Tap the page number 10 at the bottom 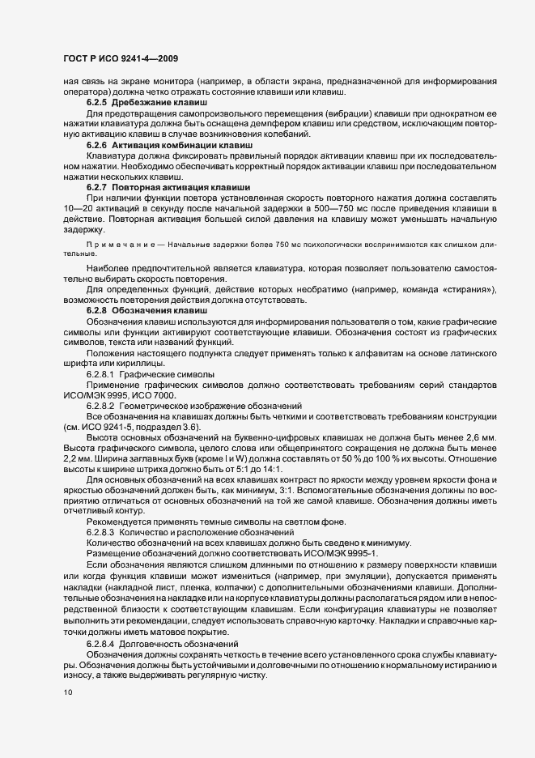(x=68, y=692)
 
